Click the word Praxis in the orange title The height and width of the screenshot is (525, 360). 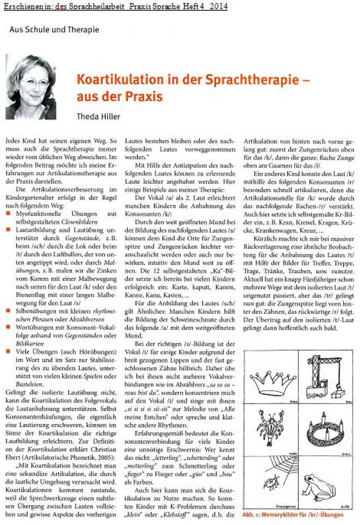click(142, 97)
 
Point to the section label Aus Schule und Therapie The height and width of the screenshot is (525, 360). click(54, 30)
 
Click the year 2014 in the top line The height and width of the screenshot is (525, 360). click(218, 6)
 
